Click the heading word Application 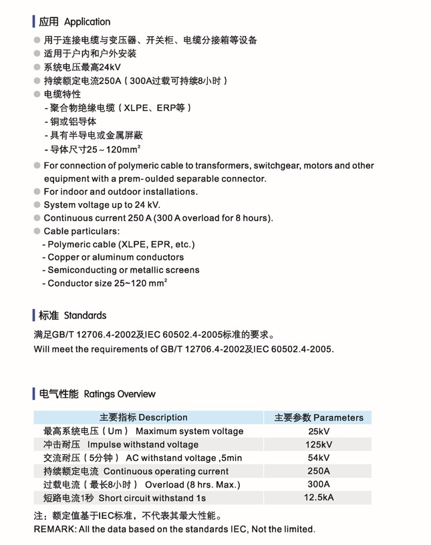(x=87, y=22)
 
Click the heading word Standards (x=85, y=315)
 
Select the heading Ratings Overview (x=120, y=394)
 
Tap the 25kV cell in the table (x=319, y=431)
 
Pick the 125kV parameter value (x=319, y=445)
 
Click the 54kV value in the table (x=319, y=458)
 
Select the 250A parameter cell (x=319, y=471)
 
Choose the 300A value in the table (x=319, y=484)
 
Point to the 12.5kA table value (x=319, y=498)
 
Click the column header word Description (x=163, y=417)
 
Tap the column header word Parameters (x=338, y=418)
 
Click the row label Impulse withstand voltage (x=143, y=445)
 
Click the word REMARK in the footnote (x=55, y=530)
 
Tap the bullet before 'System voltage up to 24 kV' (x=37, y=205)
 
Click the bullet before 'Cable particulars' (x=37, y=231)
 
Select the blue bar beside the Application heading (x=33, y=22)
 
